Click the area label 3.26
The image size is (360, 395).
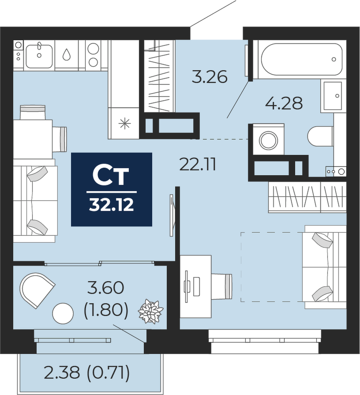tap(210, 77)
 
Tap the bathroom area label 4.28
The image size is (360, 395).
tap(284, 103)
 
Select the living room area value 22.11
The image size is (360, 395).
tap(198, 165)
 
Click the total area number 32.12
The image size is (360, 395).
tap(111, 205)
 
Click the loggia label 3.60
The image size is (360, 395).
tap(106, 288)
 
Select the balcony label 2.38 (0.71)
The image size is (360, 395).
tap(87, 372)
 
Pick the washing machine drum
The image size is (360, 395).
tap(268, 139)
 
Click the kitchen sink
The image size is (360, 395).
tap(39, 56)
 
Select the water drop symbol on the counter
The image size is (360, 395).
tap(67, 54)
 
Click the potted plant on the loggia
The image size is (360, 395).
tap(150, 311)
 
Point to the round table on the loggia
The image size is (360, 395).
tap(63, 313)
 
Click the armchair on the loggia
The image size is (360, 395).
tap(37, 290)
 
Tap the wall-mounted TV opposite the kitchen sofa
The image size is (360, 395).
tap(172, 215)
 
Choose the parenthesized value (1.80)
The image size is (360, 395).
tap(106, 309)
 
